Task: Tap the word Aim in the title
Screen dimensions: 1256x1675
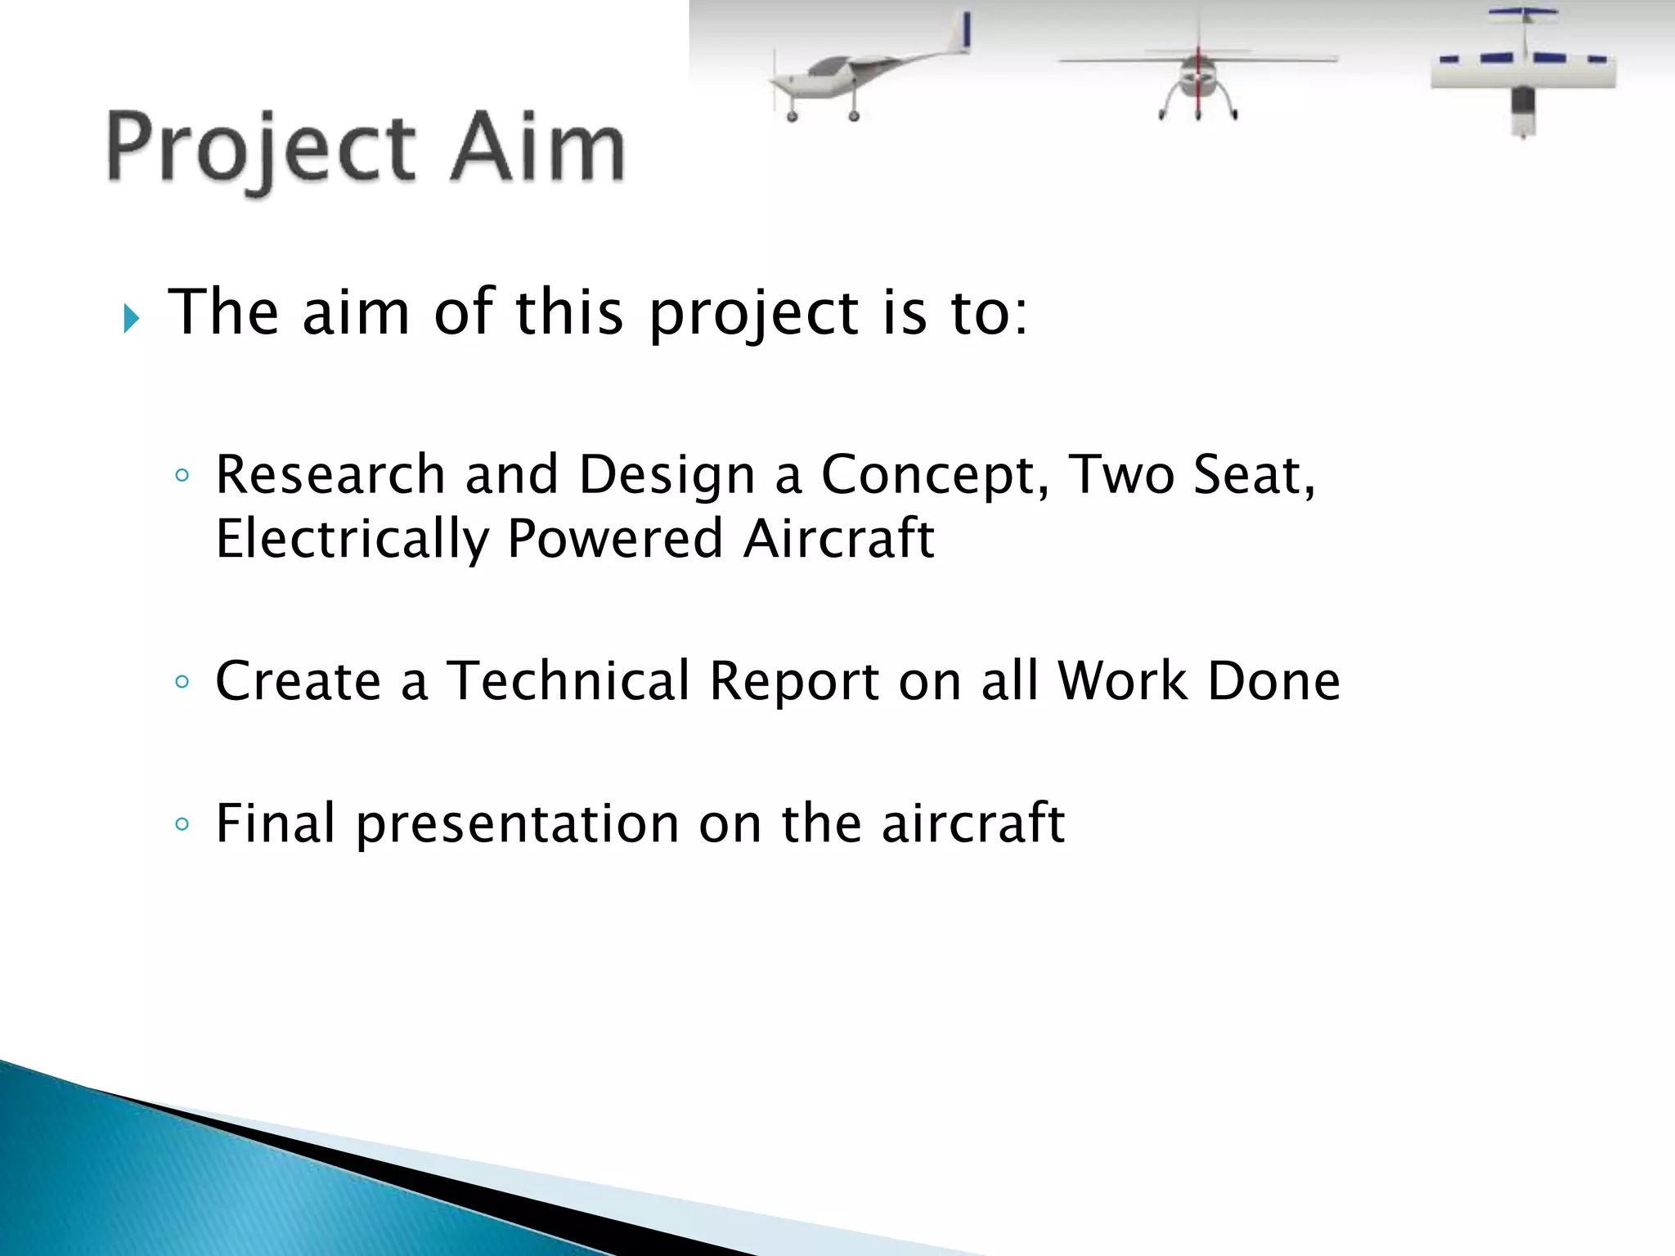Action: (x=537, y=148)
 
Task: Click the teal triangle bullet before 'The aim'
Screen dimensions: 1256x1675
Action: (x=131, y=318)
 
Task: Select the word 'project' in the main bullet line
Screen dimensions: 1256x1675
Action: (x=753, y=316)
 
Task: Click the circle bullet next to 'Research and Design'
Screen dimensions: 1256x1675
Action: (x=182, y=476)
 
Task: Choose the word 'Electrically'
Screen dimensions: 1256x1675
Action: (x=352, y=540)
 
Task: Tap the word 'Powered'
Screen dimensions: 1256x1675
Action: (x=615, y=539)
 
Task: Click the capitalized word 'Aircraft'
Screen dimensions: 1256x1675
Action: (x=838, y=539)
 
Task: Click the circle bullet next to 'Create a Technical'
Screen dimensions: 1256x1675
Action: (x=182, y=681)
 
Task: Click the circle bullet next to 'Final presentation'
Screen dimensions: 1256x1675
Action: (x=182, y=824)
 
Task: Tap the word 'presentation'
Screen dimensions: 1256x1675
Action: (x=517, y=824)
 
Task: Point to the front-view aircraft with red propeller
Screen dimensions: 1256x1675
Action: (x=1197, y=74)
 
